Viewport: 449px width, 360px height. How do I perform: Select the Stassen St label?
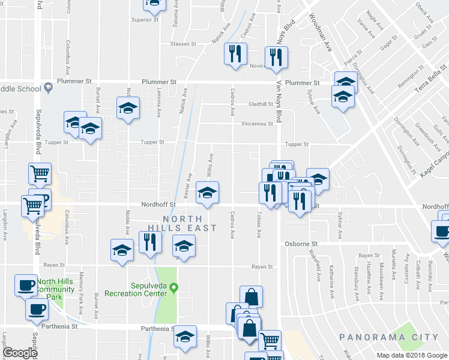point(182,44)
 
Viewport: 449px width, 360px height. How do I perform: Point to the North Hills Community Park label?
point(58,289)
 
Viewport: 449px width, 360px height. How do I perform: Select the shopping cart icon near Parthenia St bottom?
point(270,340)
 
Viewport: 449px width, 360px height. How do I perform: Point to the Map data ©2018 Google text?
point(412,355)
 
